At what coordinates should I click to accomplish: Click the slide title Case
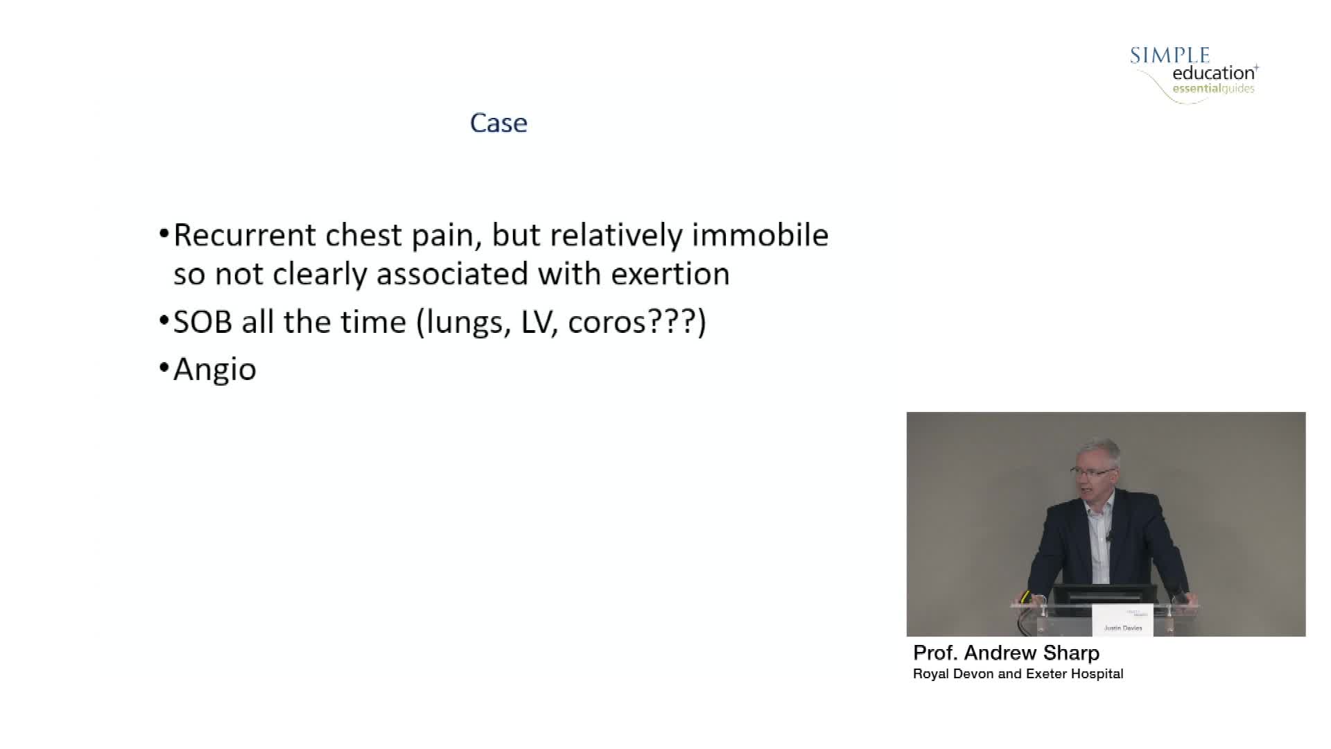[x=498, y=123]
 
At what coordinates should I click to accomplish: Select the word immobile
[x=760, y=235]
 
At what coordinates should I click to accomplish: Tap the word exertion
[x=670, y=274]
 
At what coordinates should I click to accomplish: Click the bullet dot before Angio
[x=164, y=367]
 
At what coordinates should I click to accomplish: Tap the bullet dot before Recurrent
[x=164, y=233]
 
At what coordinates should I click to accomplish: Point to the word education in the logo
[x=1214, y=73]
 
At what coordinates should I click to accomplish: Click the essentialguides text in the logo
[x=1214, y=89]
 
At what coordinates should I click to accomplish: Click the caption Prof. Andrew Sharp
[x=1007, y=653]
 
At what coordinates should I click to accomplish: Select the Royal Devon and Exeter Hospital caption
[x=1018, y=674]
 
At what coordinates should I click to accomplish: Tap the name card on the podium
[x=1122, y=620]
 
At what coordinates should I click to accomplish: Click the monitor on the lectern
[x=1104, y=596]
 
